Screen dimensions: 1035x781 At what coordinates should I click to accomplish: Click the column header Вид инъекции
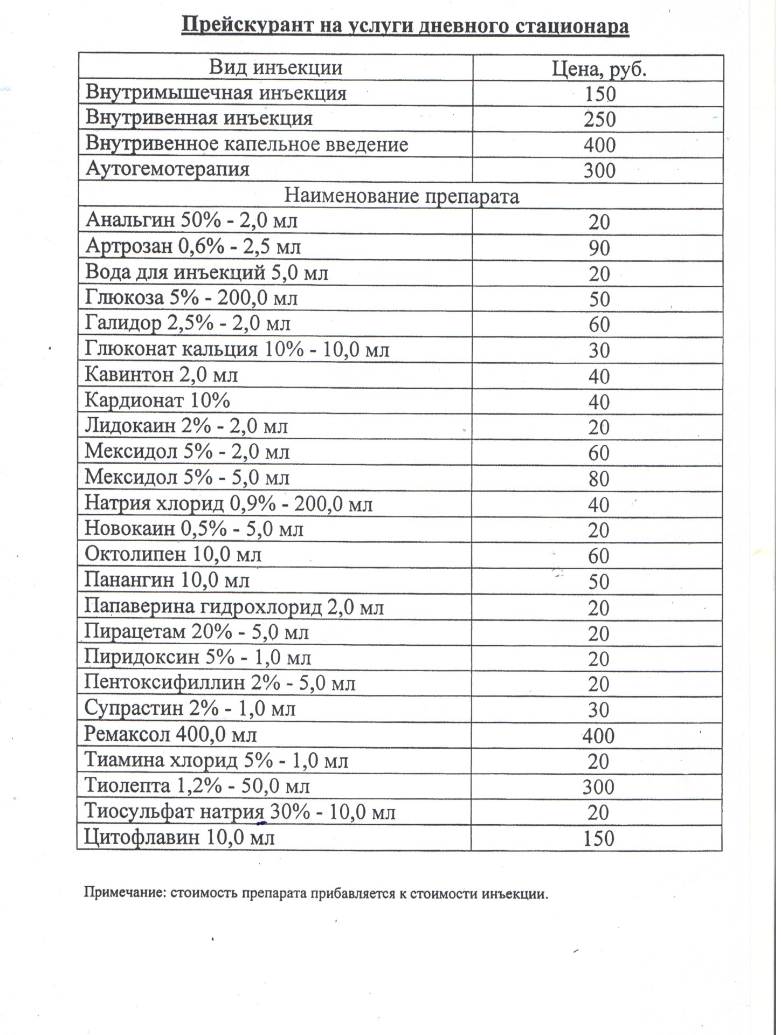coord(275,68)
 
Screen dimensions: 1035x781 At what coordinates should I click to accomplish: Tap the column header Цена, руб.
coord(599,69)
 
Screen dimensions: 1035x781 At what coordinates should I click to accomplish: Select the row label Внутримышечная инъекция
coord(216,93)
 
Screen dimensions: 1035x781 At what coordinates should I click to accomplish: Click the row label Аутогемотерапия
coord(168,170)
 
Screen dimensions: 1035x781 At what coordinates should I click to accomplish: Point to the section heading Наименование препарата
coord(402,196)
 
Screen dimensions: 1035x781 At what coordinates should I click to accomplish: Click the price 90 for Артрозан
coord(599,248)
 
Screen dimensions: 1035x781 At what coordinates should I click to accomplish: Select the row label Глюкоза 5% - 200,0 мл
coord(191,298)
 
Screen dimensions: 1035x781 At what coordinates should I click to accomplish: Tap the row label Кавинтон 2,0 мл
coord(162,375)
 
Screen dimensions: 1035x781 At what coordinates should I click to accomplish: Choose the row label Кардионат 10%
coord(157,401)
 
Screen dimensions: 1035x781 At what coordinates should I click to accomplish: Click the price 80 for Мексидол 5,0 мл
coord(599,479)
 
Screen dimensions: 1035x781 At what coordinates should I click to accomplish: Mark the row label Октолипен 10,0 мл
coord(173,555)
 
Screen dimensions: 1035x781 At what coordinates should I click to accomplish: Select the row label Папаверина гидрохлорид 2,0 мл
coord(234,608)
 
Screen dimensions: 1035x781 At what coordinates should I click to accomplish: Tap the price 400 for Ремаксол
coord(598,736)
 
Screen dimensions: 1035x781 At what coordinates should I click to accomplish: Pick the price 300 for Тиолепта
coord(598,787)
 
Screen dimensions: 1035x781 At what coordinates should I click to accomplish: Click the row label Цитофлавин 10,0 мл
coord(180,838)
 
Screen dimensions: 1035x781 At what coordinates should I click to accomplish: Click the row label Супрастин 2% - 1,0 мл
coord(190,709)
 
